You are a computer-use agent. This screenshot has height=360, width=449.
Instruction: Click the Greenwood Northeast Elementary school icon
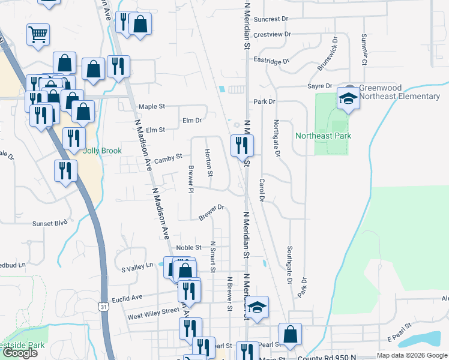pos(348,98)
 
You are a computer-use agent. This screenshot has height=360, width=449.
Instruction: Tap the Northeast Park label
pos(323,136)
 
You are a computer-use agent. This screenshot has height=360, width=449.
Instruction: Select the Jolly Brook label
pos(102,151)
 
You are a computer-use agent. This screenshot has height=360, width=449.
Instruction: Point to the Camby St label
pos(168,158)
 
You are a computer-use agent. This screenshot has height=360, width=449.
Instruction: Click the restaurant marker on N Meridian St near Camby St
pos(242,146)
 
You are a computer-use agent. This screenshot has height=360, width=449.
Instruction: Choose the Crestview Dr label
pos(272,35)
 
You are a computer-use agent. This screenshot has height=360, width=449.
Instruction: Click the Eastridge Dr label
pos(271,61)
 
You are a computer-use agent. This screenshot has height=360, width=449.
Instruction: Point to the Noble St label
pos(188,248)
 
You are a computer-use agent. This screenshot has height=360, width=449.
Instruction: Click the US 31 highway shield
pos(104,307)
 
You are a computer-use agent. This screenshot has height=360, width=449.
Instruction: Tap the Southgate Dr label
pos(289,265)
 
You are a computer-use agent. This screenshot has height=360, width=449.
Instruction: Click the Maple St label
pos(151,107)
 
